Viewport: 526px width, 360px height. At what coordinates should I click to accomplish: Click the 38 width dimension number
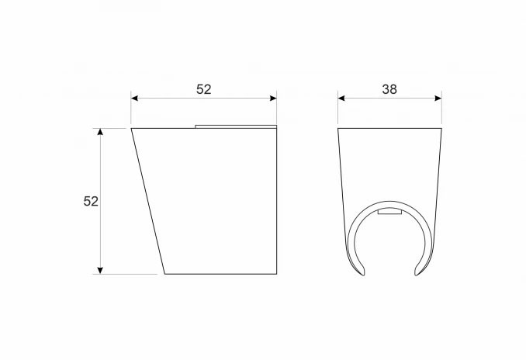(x=389, y=89)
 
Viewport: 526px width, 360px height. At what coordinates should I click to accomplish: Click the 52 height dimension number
(x=91, y=201)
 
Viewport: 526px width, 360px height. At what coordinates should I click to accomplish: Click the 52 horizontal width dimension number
(x=203, y=89)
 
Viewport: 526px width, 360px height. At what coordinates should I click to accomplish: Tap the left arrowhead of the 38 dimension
(x=341, y=98)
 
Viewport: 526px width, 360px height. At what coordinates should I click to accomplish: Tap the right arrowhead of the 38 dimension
(x=438, y=98)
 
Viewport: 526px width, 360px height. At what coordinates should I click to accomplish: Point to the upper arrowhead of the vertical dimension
(x=100, y=132)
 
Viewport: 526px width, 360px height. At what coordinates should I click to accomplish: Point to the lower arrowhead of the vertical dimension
(x=100, y=271)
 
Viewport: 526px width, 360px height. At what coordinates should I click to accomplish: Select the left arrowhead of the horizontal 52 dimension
(x=134, y=98)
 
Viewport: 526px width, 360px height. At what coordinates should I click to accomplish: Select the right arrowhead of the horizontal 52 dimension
(x=273, y=98)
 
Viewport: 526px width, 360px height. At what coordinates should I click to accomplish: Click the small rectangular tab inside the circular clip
(x=389, y=212)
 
